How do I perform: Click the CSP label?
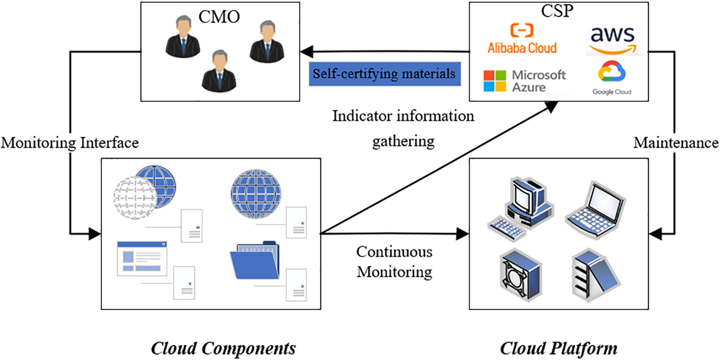(559, 11)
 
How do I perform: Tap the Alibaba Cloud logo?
(522, 38)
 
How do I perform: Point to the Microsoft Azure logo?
(524, 80)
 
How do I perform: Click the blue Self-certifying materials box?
(385, 74)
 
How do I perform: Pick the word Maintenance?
(676, 143)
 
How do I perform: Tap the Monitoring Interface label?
(70, 142)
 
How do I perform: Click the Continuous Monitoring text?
(395, 262)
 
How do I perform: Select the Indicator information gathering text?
(403, 128)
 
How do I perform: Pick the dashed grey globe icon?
(133, 196)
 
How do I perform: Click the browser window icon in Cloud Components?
(142, 258)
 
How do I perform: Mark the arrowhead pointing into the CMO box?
(306, 51)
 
